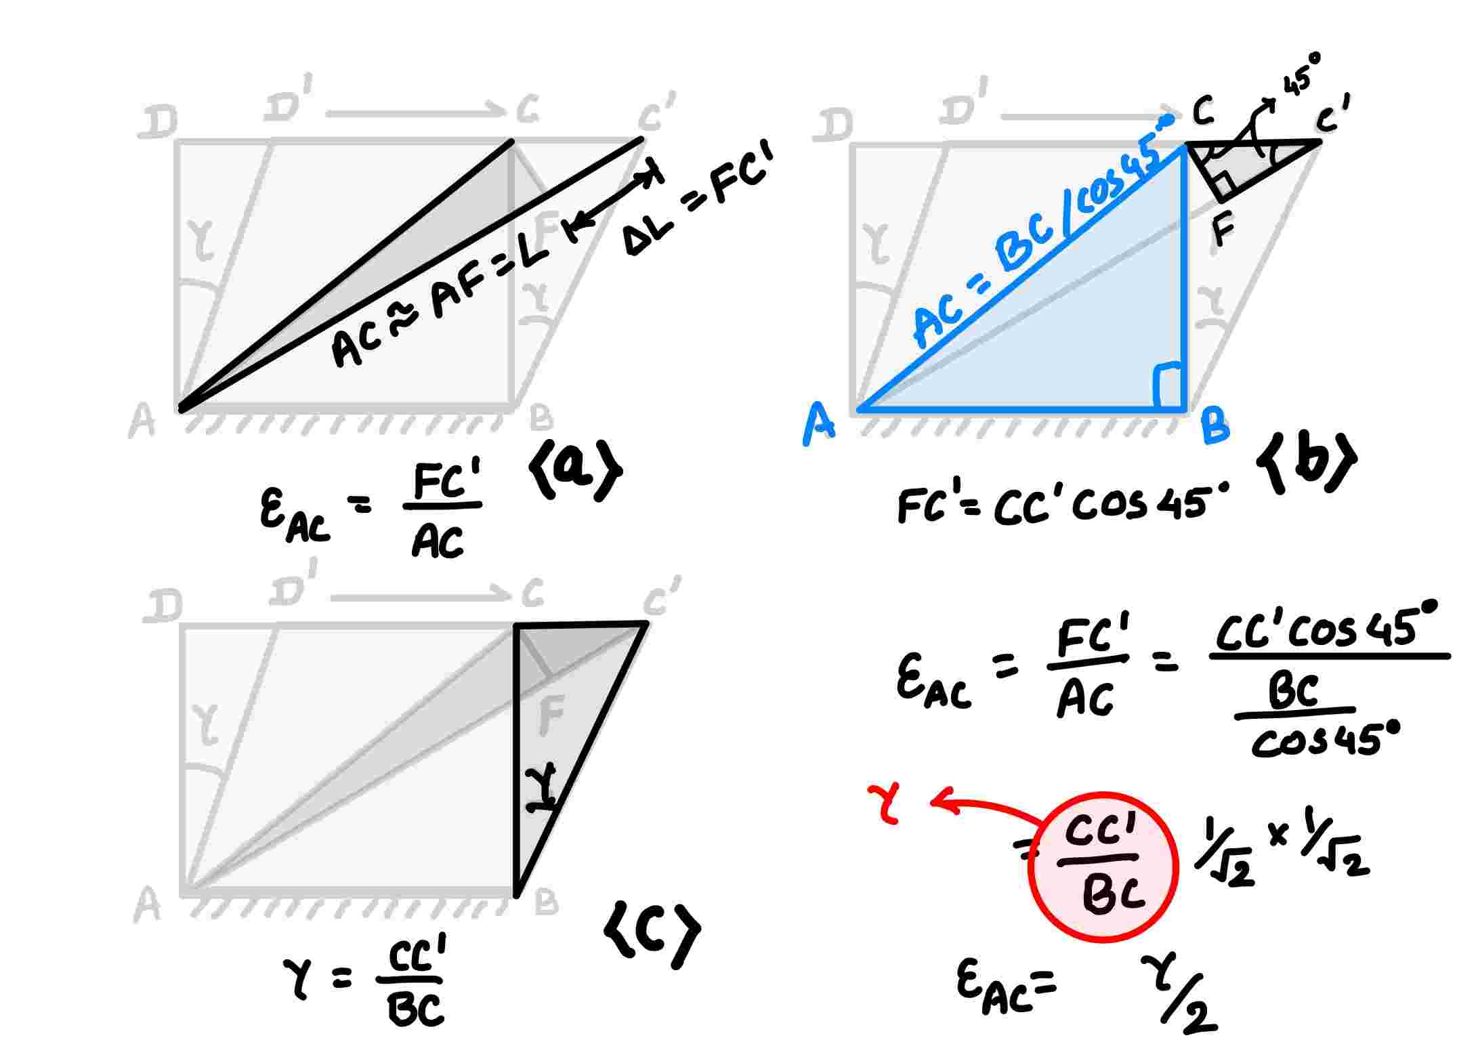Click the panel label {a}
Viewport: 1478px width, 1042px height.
[576, 471]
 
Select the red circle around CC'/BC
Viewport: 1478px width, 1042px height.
[1103, 867]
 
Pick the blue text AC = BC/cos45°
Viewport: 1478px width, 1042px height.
[1043, 234]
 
